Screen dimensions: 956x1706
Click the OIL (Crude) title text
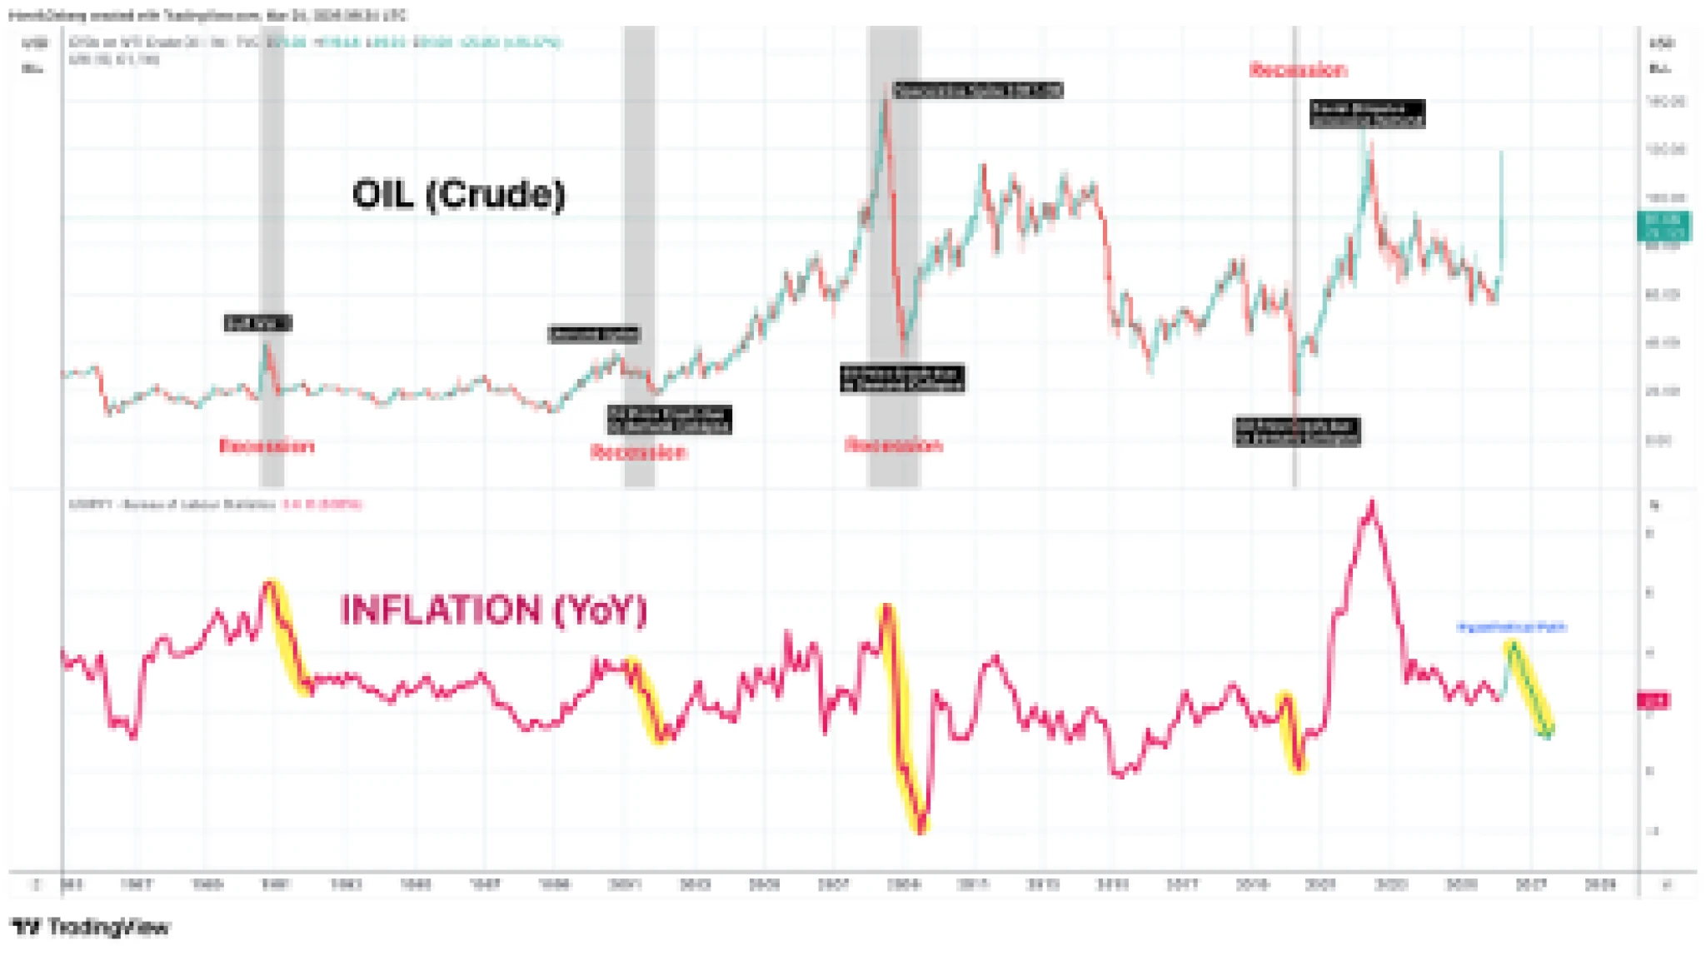pos(459,195)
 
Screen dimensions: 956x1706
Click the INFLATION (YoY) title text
pos(493,610)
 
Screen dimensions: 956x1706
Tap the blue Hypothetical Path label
pos(1511,627)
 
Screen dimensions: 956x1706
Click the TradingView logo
pos(92,927)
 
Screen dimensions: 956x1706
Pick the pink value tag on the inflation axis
pos(1653,701)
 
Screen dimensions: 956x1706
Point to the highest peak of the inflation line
pos(1372,503)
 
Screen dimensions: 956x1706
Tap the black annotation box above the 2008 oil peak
pos(978,90)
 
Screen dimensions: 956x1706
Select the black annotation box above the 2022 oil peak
pos(1367,113)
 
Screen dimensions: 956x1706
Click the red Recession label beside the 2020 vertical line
pos(1298,70)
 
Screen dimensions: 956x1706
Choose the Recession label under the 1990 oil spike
pos(267,446)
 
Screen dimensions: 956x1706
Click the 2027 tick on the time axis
pos(1531,884)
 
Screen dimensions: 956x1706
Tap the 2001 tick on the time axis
pos(625,884)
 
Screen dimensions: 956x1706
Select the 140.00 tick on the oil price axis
pos(1665,102)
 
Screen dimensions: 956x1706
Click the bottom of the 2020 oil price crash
pos(1296,393)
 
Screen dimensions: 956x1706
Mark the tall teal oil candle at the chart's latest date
pos(1502,208)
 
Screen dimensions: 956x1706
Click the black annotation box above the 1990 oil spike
pos(257,323)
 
